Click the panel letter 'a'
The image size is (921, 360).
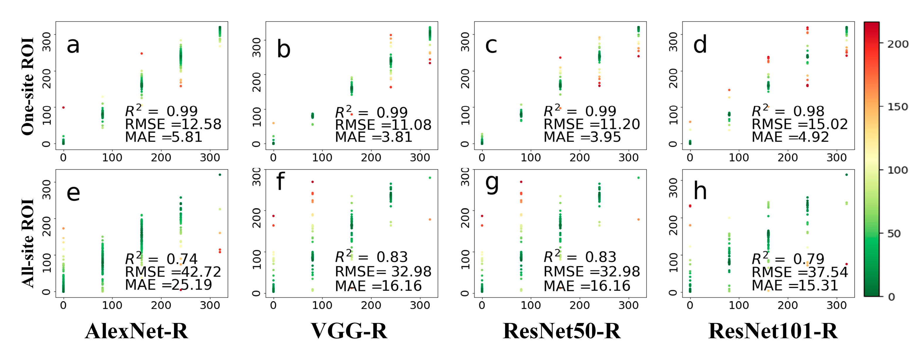tap(73, 46)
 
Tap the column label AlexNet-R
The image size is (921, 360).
tap(136, 331)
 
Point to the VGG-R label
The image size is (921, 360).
tap(349, 331)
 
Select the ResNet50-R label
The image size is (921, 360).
tap(561, 331)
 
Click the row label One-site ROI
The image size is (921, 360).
tap(28, 86)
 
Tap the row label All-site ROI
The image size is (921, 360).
tap(28, 243)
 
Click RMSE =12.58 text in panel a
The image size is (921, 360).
tap(173, 124)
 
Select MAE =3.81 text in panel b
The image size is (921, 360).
tap(373, 137)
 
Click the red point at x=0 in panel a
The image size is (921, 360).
tap(63, 108)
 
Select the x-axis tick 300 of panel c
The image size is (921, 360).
tap(628, 157)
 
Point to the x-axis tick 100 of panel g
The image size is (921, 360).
tap(531, 305)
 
